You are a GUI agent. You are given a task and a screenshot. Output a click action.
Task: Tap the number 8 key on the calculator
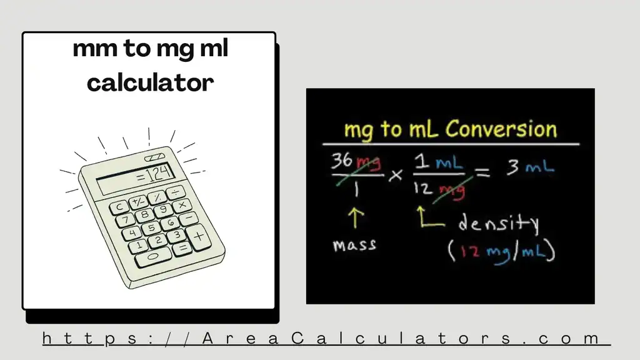[x=145, y=215]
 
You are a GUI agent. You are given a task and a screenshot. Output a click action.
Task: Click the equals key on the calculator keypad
[x=182, y=248]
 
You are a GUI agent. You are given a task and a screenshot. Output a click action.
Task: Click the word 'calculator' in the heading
[x=150, y=81]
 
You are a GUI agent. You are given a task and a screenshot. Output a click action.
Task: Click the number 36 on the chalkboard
[x=342, y=161]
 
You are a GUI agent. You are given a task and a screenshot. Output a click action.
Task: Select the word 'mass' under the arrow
[x=354, y=244]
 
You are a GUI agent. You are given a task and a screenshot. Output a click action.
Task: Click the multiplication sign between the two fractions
[x=395, y=176]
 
